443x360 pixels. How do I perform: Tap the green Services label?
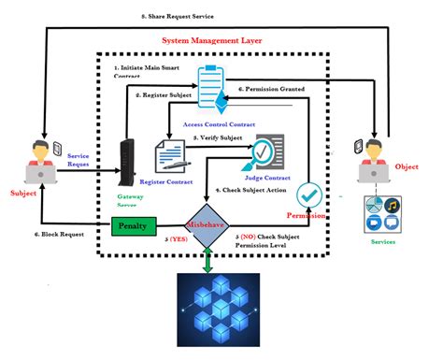[382, 242]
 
